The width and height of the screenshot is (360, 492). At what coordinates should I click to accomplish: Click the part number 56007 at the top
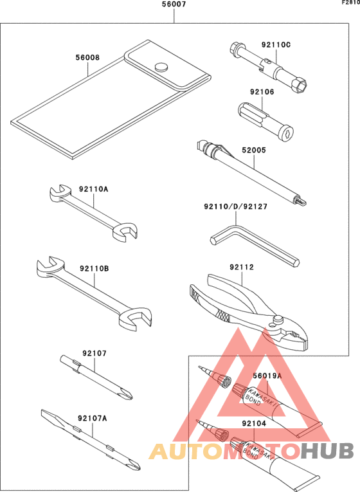coord(174,5)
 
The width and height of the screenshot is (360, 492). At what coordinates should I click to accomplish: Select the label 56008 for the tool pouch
coord(87,57)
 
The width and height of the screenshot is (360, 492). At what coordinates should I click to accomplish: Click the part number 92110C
coord(276,44)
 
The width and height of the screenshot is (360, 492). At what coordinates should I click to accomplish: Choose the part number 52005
coord(254,150)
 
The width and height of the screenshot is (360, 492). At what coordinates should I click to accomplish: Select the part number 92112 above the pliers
coord(242,268)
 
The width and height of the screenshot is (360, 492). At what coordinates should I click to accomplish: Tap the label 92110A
coord(94,189)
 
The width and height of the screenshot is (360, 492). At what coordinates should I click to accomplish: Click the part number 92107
coord(94,353)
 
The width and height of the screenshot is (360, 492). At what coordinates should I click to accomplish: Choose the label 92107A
coord(92,418)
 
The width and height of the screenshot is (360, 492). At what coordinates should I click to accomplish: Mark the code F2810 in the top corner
coord(350,3)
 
